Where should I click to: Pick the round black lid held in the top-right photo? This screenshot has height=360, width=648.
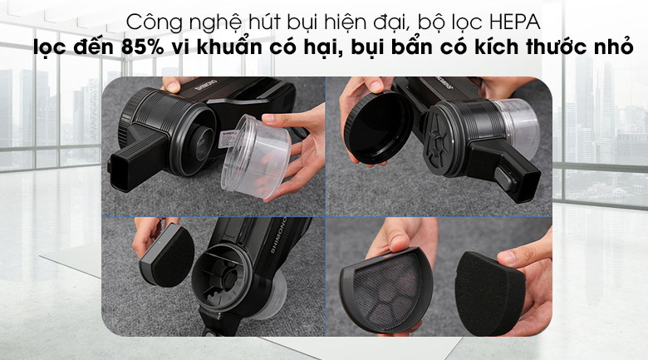coord(377,128)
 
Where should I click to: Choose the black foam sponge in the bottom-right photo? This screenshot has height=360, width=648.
coord(488,293)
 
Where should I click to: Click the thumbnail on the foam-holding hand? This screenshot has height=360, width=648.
coord(509,258)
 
